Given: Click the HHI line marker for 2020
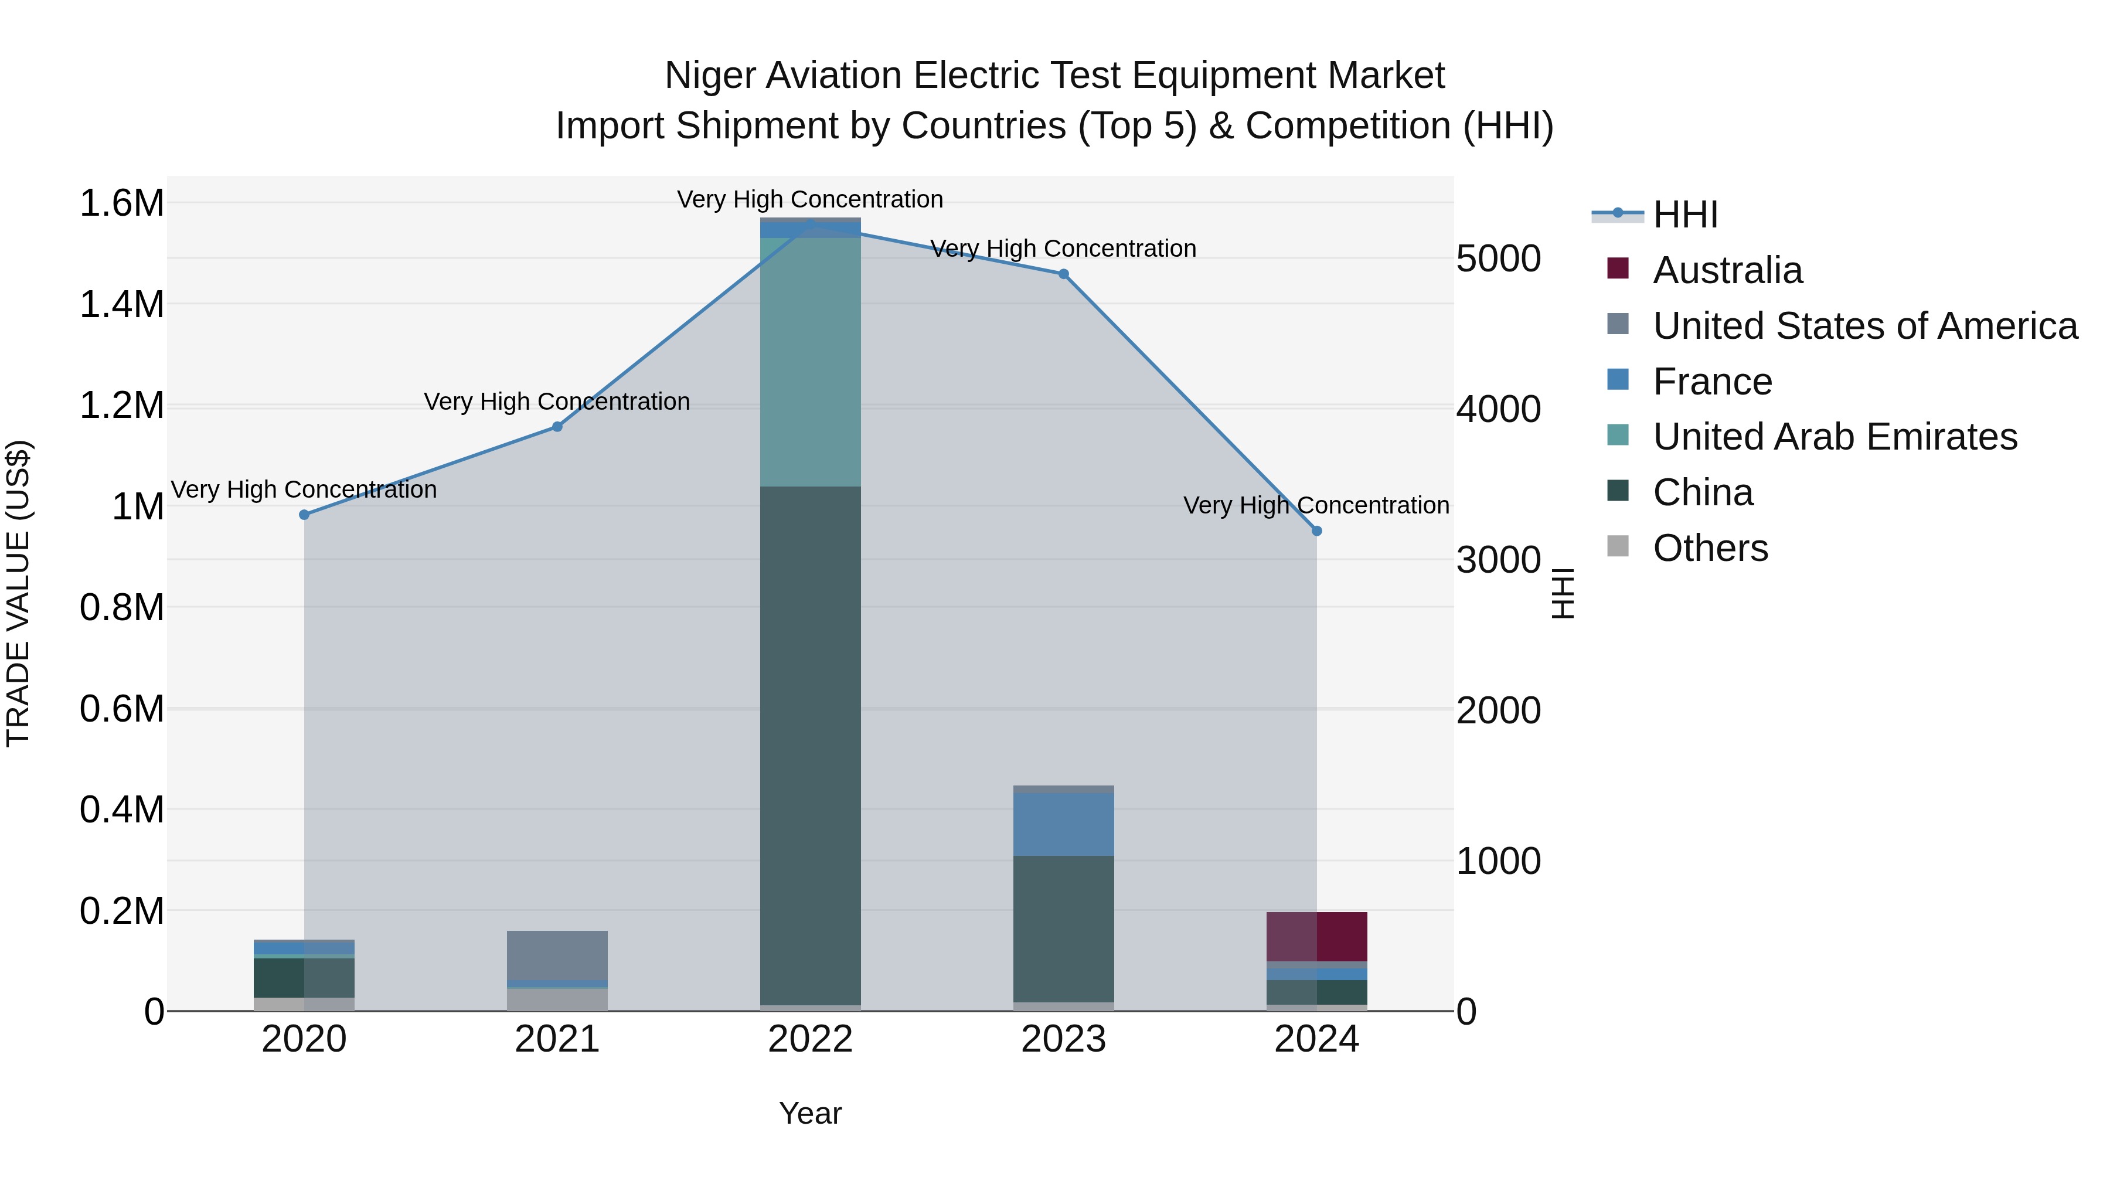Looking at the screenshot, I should click(x=304, y=515).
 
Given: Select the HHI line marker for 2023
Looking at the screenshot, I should click(x=1063, y=274).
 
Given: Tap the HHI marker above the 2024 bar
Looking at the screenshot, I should click(x=1316, y=531).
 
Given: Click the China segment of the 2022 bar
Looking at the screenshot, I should click(x=810, y=746).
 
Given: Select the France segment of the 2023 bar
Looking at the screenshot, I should click(x=1063, y=824).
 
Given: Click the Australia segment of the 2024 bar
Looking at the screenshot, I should click(x=1316, y=936).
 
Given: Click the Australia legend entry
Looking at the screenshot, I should click(x=1727, y=270).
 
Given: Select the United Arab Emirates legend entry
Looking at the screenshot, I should click(x=1835, y=437).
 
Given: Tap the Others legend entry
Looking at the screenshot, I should click(x=1710, y=548).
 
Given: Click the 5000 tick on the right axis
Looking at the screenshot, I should click(x=1498, y=259).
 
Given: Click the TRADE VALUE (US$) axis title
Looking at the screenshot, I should click(x=18, y=593).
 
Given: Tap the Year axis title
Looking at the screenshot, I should click(x=810, y=1113).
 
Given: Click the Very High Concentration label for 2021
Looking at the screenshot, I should click(x=557, y=402).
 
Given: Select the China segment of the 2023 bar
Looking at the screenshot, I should click(x=1063, y=929).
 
